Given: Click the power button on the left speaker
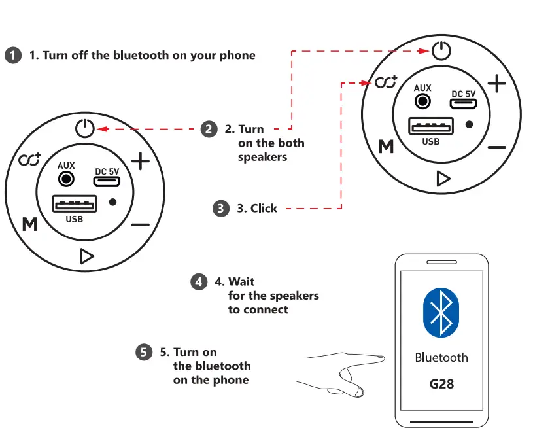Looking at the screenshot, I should coord(85,128).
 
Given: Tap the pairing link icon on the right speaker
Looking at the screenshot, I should coord(386,83).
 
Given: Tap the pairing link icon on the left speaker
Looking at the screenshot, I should coord(29,160).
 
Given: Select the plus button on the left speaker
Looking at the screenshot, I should coord(141,161).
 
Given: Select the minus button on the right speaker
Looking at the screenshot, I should coord(497,147).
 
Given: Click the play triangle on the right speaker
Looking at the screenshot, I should coord(443,178).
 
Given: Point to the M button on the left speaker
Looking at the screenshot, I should coord(29,224).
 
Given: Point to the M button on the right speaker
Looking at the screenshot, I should coord(387,147).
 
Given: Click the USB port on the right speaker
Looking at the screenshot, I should coord(431,126).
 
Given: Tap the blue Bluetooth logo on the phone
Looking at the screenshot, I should coord(441,312).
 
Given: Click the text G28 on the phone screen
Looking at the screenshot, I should coord(441,383).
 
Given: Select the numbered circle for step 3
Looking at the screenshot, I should coord(221,209).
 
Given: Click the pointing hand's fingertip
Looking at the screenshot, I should coord(381,357).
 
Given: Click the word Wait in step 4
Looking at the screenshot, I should coord(241,282).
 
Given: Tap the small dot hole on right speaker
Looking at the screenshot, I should coord(470,124).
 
